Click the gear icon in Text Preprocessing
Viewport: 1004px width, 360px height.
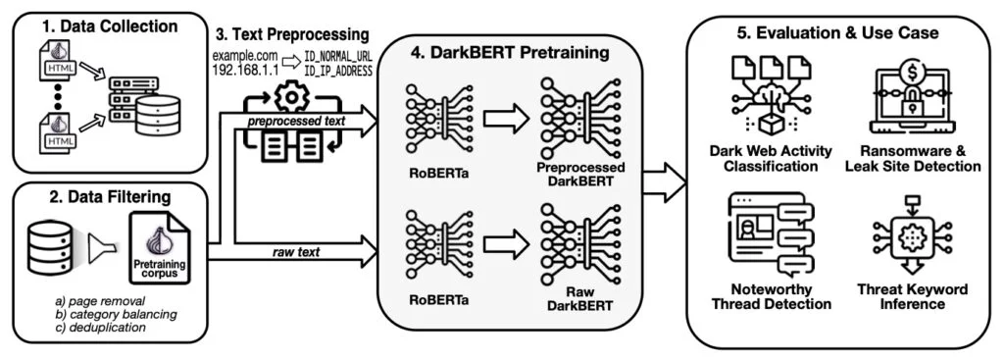pyautogui.click(x=291, y=97)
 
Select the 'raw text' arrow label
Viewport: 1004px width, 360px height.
pyautogui.click(x=296, y=252)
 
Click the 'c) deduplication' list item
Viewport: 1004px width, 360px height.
pyautogui.click(x=101, y=328)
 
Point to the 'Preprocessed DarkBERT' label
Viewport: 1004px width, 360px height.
pyautogui.click(x=580, y=175)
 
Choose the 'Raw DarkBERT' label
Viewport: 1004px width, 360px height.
pyautogui.click(x=580, y=299)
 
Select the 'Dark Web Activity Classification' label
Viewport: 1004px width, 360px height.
pyautogui.click(x=771, y=158)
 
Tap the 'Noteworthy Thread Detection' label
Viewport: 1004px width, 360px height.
pyautogui.click(x=772, y=296)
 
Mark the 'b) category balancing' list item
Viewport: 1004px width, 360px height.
pyautogui.click(x=116, y=314)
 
